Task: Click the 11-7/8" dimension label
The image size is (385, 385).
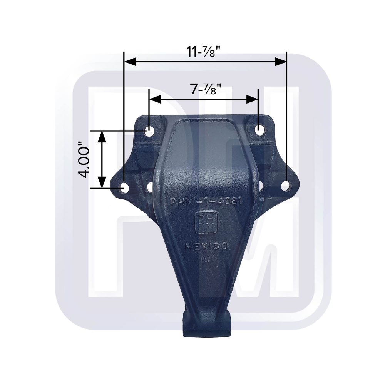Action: point(206,52)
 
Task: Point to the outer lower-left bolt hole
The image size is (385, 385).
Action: point(124,187)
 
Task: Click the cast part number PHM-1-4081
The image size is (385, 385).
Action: point(206,202)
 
